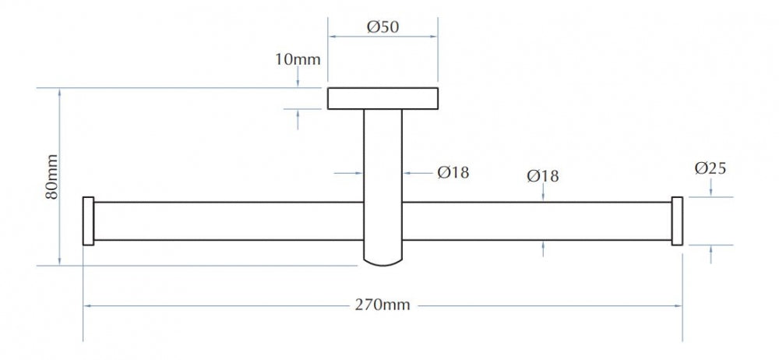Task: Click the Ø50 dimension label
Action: point(382,26)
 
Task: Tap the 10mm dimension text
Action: point(298,60)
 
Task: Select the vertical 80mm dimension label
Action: point(51,177)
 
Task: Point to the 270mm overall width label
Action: point(382,305)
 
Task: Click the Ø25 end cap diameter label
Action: point(710,168)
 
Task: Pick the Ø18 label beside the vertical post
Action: point(453,172)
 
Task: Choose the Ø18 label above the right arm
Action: point(543,175)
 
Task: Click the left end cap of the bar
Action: point(89,221)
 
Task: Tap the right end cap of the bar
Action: point(677,221)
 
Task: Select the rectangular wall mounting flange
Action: point(382,98)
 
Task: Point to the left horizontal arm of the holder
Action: point(228,221)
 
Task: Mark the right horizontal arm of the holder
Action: point(537,221)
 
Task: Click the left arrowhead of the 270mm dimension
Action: point(86,305)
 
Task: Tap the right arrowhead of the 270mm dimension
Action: point(679,305)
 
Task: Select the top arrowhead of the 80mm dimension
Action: point(60,92)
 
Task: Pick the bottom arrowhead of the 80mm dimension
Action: point(60,262)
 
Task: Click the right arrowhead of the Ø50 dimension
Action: point(434,37)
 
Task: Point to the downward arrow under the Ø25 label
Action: point(711,188)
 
